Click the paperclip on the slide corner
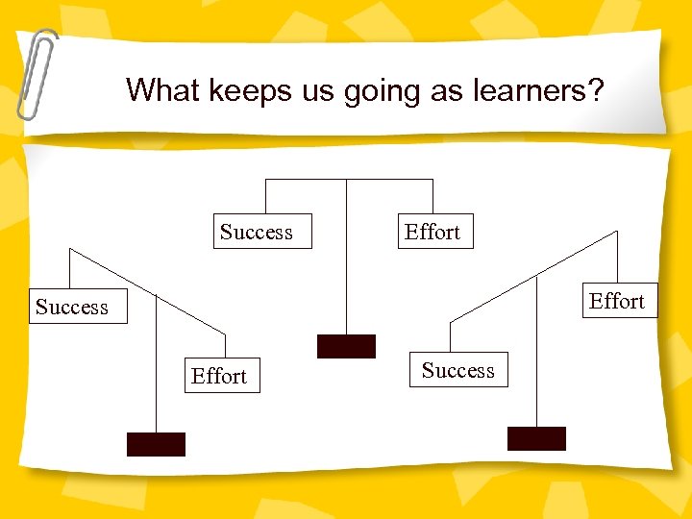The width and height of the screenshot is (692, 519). click(37, 72)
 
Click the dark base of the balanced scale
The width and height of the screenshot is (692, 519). click(346, 347)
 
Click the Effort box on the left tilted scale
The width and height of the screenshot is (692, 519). click(219, 376)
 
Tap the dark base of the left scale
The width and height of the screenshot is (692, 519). click(156, 444)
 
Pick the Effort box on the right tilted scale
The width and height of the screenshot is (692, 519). click(616, 301)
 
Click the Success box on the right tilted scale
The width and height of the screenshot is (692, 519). click(458, 370)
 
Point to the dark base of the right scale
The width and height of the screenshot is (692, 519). click(536, 438)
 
